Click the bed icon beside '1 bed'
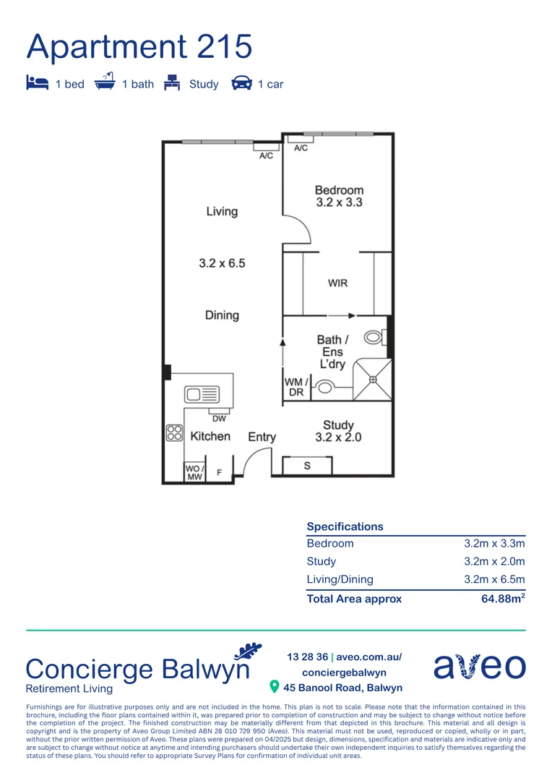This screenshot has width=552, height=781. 38,83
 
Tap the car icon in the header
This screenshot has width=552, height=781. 241,84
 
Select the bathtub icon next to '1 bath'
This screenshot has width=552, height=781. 105,82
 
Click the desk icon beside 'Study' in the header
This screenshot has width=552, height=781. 172,83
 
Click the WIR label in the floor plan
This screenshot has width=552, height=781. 337,283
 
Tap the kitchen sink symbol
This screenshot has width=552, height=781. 202,394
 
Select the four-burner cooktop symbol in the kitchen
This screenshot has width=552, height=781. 174,432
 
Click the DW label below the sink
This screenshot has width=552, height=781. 219,418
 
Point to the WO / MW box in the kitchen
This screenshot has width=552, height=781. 194,471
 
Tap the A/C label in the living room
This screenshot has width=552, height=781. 266,156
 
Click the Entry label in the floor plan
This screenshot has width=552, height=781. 262,437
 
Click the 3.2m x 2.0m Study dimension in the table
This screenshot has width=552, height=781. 494,561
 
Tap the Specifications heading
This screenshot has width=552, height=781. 345,526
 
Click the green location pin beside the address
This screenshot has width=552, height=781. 275,686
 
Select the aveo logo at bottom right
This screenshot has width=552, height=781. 480,666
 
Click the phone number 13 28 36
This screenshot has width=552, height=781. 307,657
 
